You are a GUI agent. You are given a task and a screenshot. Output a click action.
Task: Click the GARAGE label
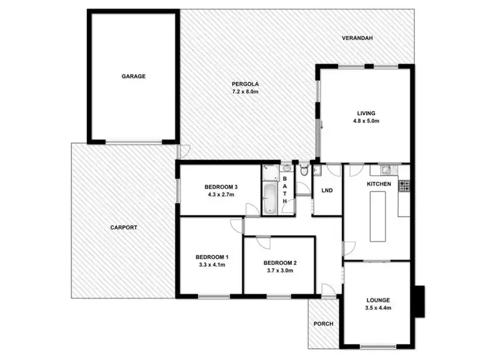tap(133, 76)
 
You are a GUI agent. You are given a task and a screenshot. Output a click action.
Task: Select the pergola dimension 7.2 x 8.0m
tap(245, 91)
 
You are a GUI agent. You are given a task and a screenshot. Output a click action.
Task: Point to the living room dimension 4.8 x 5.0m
tap(365, 121)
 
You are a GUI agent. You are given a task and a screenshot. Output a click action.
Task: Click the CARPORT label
tap(124, 228)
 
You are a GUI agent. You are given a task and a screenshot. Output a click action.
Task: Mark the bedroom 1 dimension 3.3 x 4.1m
tap(212, 264)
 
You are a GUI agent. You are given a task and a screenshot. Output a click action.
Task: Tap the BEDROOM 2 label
tap(280, 263)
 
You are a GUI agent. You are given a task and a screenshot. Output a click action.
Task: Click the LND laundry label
tap(327, 191)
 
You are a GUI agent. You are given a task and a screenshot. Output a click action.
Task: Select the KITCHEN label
tap(379, 183)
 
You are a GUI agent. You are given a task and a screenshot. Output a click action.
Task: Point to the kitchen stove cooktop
tap(404, 185)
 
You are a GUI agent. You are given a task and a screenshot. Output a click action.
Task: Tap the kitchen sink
tap(388, 169)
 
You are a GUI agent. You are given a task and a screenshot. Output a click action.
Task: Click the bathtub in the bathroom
tap(269, 199)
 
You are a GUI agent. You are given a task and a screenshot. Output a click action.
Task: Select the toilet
tap(305, 171)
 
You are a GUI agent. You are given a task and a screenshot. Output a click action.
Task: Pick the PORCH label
tap(323, 324)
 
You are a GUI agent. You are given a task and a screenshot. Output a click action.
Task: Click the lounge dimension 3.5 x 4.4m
tap(378, 308)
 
